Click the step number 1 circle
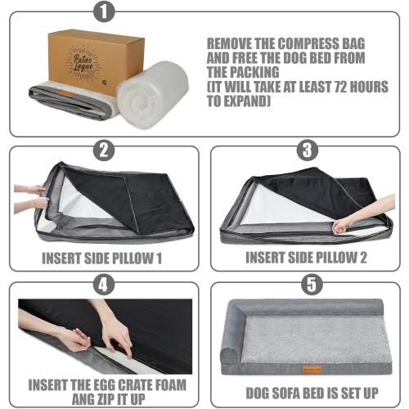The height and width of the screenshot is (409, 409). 103,13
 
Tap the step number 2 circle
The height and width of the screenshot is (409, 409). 103,150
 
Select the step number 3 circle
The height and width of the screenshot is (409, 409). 306,150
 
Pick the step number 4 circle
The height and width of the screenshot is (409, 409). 103,285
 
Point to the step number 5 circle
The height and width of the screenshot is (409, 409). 306,285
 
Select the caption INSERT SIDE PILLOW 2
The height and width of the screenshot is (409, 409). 306,258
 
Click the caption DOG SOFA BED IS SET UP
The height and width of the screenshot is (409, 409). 307,391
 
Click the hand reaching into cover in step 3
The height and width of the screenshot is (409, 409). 344,223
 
